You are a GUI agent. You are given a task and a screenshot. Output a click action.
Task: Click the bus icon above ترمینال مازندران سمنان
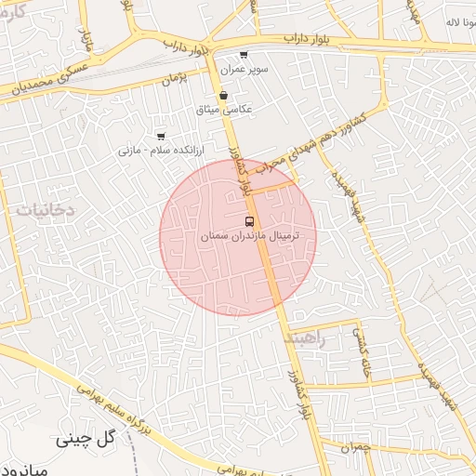point(248,221)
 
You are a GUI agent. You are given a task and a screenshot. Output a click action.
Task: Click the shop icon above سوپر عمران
point(244,56)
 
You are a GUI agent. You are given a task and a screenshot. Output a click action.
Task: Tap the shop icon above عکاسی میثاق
point(223,95)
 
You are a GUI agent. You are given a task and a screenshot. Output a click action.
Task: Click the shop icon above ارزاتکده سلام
point(161,137)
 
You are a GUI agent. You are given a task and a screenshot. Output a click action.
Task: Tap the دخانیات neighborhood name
point(45,211)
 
